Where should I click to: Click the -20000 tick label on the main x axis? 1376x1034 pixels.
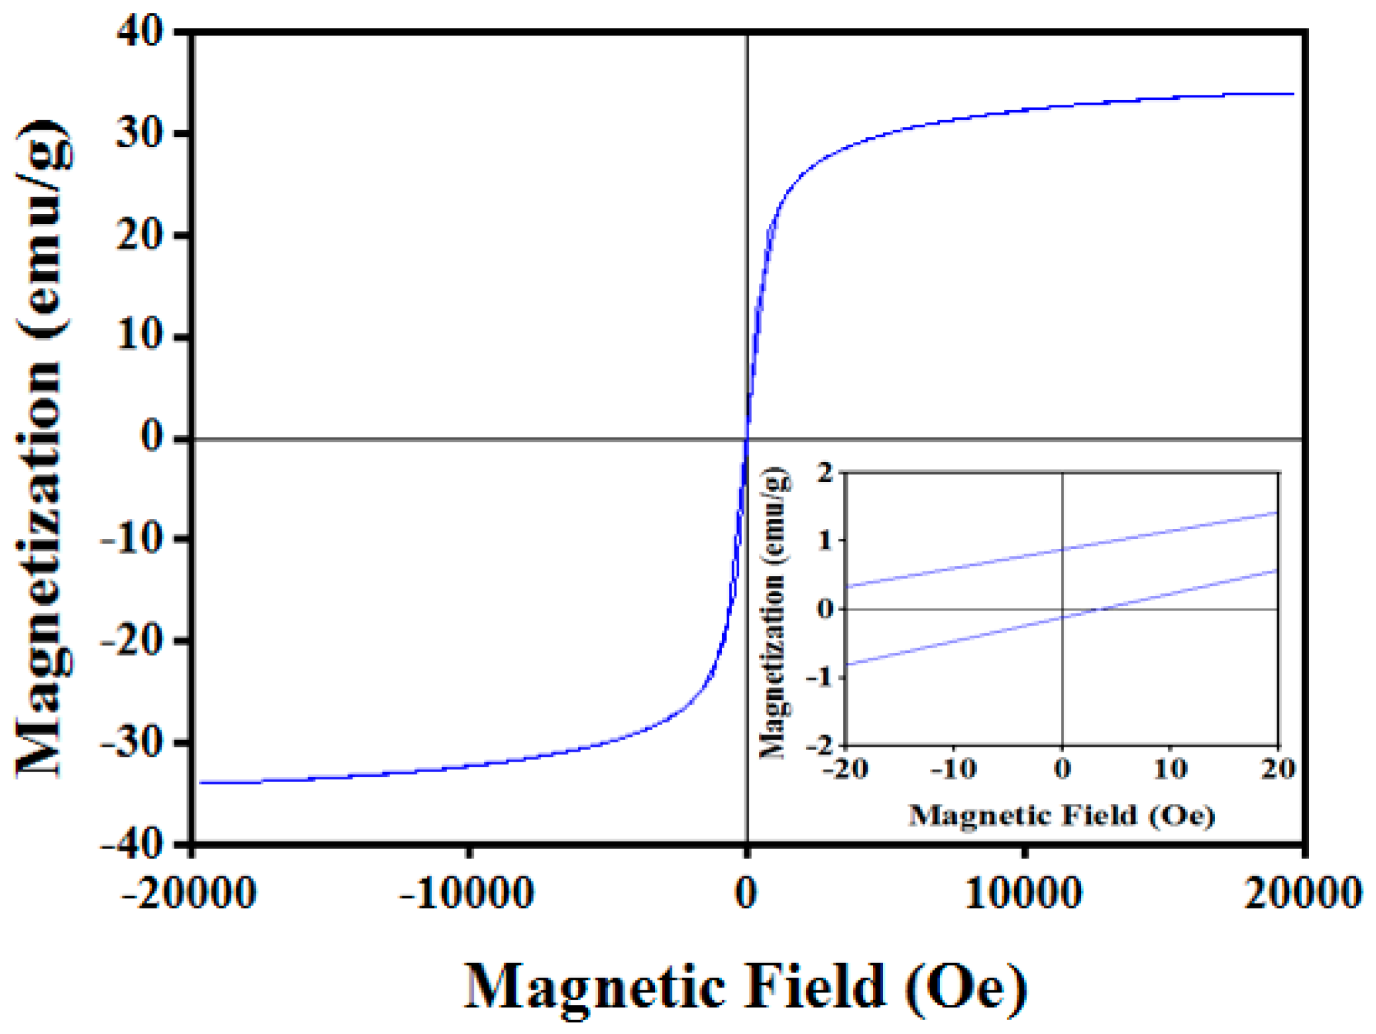coord(189,893)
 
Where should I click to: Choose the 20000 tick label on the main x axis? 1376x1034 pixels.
coord(1303,893)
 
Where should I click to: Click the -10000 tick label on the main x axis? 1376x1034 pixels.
coord(467,893)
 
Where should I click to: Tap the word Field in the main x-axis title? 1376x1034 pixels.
coord(815,986)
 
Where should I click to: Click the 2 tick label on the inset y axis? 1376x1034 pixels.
coord(825,473)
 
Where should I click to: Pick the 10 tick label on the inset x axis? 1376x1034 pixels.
coord(1170,769)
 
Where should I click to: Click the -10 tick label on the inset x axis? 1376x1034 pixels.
coord(953,769)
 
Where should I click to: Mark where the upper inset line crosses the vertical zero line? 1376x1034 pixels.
coord(1062,549)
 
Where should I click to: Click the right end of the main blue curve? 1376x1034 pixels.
coord(1293,94)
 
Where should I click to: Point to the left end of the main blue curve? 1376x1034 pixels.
coord(200,783)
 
